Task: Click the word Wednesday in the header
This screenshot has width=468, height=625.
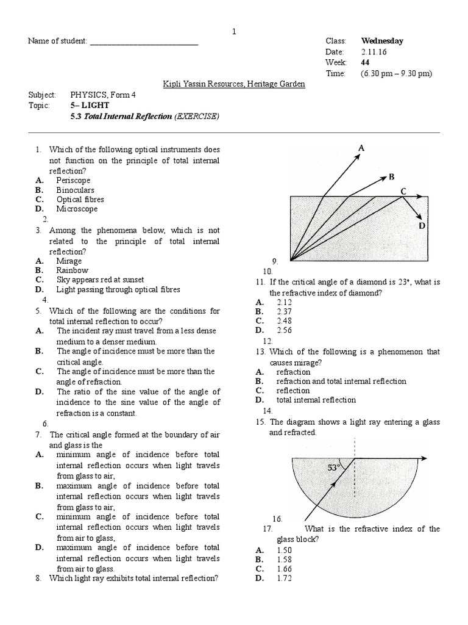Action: click(x=382, y=41)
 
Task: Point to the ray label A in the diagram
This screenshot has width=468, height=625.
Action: click(x=361, y=148)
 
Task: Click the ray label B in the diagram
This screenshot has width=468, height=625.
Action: click(x=391, y=176)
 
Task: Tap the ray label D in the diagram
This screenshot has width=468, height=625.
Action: click(x=422, y=226)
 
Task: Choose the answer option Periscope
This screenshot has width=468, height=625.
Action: click(x=73, y=181)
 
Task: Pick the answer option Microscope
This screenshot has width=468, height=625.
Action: click(x=77, y=209)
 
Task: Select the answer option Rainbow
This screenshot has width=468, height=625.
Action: click(x=72, y=270)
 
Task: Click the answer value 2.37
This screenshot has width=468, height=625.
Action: click(x=285, y=311)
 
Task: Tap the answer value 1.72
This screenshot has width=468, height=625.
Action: click(x=285, y=578)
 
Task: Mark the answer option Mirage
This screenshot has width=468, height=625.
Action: click(x=69, y=261)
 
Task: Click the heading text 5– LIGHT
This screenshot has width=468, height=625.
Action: click(x=90, y=105)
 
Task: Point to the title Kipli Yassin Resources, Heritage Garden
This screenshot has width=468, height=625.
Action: click(x=234, y=84)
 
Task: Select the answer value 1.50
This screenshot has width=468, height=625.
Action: click(x=285, y=550)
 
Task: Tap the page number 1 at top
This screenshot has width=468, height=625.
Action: click(x=234, y=32)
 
